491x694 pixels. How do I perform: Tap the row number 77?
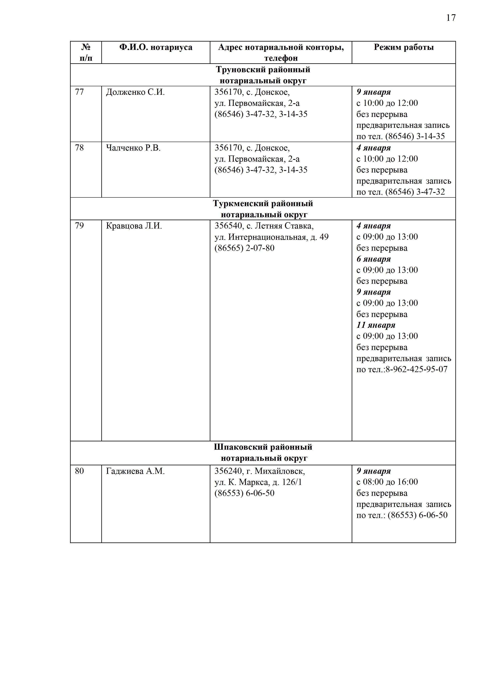(x=79, y=92)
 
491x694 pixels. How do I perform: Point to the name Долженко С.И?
(x=135, y=92)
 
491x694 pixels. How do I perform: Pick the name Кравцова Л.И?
(x=134, y=226)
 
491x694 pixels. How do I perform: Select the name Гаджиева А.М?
(x=135, y=471)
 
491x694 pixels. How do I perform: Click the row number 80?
(x=79, y=471)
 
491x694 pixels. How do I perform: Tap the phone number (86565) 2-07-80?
(x=244, y=248)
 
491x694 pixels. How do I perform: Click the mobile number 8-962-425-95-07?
(x=416, y=369)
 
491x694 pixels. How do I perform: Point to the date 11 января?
(x=376, y=325)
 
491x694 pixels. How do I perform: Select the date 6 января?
(x=373, y=259)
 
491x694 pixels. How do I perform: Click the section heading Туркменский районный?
(x=263, y=203)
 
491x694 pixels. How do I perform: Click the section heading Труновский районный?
(x=263, y=69)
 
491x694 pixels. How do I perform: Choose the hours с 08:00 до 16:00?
(x=387, y=482)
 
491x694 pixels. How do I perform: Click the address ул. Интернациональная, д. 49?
(x=271, y=237)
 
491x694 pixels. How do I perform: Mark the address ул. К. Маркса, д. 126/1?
(x=258, y=482)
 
